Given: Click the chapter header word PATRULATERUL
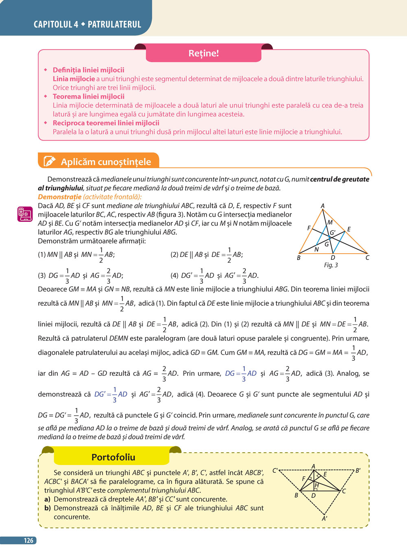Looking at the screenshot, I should point(114,24).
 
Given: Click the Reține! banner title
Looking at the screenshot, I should point(203,53).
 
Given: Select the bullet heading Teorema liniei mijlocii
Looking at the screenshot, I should point(88,96).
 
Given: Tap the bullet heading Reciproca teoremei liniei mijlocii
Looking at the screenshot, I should point(106,123).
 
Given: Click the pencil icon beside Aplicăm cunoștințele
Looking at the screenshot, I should point(49,161).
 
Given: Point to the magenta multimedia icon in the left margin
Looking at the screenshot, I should point(25,214).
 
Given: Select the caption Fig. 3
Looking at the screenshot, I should point(331,265).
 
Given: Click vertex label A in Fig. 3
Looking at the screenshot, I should point(322,206).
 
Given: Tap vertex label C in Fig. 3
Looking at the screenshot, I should point(367,258).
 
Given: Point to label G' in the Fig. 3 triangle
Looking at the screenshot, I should point(333,232).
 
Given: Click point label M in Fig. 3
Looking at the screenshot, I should point(330,222).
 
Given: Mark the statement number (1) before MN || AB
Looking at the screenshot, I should point(42,255).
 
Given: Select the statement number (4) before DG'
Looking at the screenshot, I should point(175,276).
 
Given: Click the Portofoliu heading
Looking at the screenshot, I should point(113,457).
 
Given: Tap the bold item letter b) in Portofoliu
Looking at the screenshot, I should point(48,508).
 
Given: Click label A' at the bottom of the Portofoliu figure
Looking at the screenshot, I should point(324,519).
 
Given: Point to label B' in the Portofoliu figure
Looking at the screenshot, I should point(358,471).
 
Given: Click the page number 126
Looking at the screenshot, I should point(28,541).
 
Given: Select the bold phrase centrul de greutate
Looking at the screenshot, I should point(339,179).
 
